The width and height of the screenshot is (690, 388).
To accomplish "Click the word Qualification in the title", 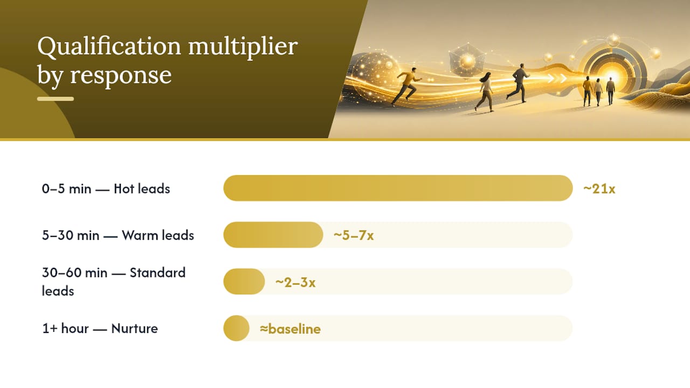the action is [109, 47].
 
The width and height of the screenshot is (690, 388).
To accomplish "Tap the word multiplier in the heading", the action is [243, 47].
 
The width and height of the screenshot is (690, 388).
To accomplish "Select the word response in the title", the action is [121, 75].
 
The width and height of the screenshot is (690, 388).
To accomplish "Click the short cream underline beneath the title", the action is [56, 99].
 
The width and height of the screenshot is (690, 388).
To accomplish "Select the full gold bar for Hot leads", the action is [398, 188].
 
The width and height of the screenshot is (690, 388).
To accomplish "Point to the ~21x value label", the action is [599, 189].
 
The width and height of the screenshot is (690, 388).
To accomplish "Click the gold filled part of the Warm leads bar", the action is [273, 234].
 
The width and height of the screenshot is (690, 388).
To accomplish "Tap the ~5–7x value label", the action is [354, 235].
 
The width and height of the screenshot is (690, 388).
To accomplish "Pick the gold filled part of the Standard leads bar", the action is [244, 281].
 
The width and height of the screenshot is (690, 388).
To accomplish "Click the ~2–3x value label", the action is [295, 282].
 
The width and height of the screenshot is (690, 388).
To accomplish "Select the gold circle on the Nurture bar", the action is [236, 328].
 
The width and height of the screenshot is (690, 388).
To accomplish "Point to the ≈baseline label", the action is [290, 329].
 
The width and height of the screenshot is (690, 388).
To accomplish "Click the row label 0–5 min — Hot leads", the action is [106, 189].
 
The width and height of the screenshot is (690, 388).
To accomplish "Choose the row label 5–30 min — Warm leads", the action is [118, 235].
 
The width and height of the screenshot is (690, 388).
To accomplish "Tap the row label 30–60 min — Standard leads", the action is [114, 282].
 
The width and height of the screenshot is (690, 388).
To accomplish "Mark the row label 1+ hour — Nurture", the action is [100, 329].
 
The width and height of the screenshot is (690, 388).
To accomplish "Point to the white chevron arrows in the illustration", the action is [557, 79].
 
